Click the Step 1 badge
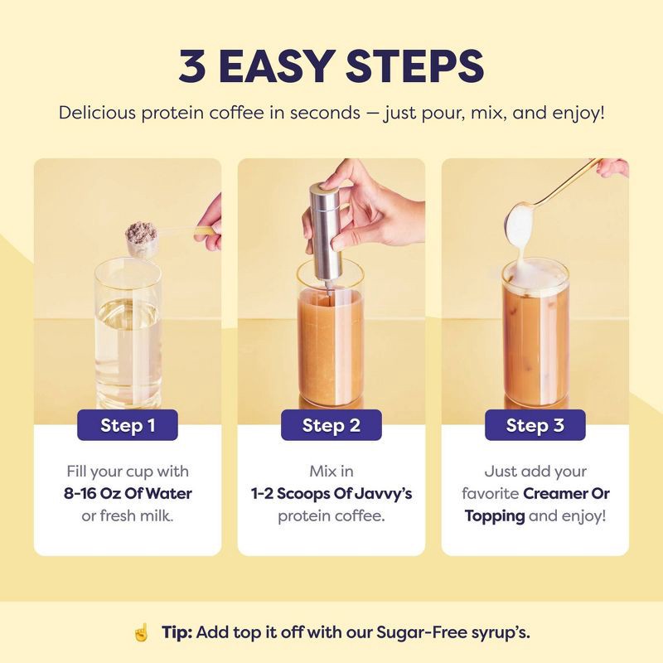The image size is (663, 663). pyautogui.click(x=128, y=426)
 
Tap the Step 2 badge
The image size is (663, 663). pyautogui.click(x=331, y=426)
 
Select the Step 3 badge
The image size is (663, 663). pyautogui.click(x=535, y=426)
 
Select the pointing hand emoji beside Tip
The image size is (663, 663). pyautogui.click(x=142, y=632)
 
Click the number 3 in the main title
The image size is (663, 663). pyautogui.click(x=193, y=67)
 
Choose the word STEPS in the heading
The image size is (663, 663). pyautogui.click(x=427, y=67)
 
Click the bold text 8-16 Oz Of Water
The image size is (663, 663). pyautogui.click(x=128, y=494)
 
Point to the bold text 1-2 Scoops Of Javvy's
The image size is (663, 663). pyautogui.click(x=331, y=494)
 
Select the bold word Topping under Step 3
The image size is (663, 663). pyautogui.click(x=495, y=516)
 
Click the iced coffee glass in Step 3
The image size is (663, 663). pyautogui.click(x=535, y=340)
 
